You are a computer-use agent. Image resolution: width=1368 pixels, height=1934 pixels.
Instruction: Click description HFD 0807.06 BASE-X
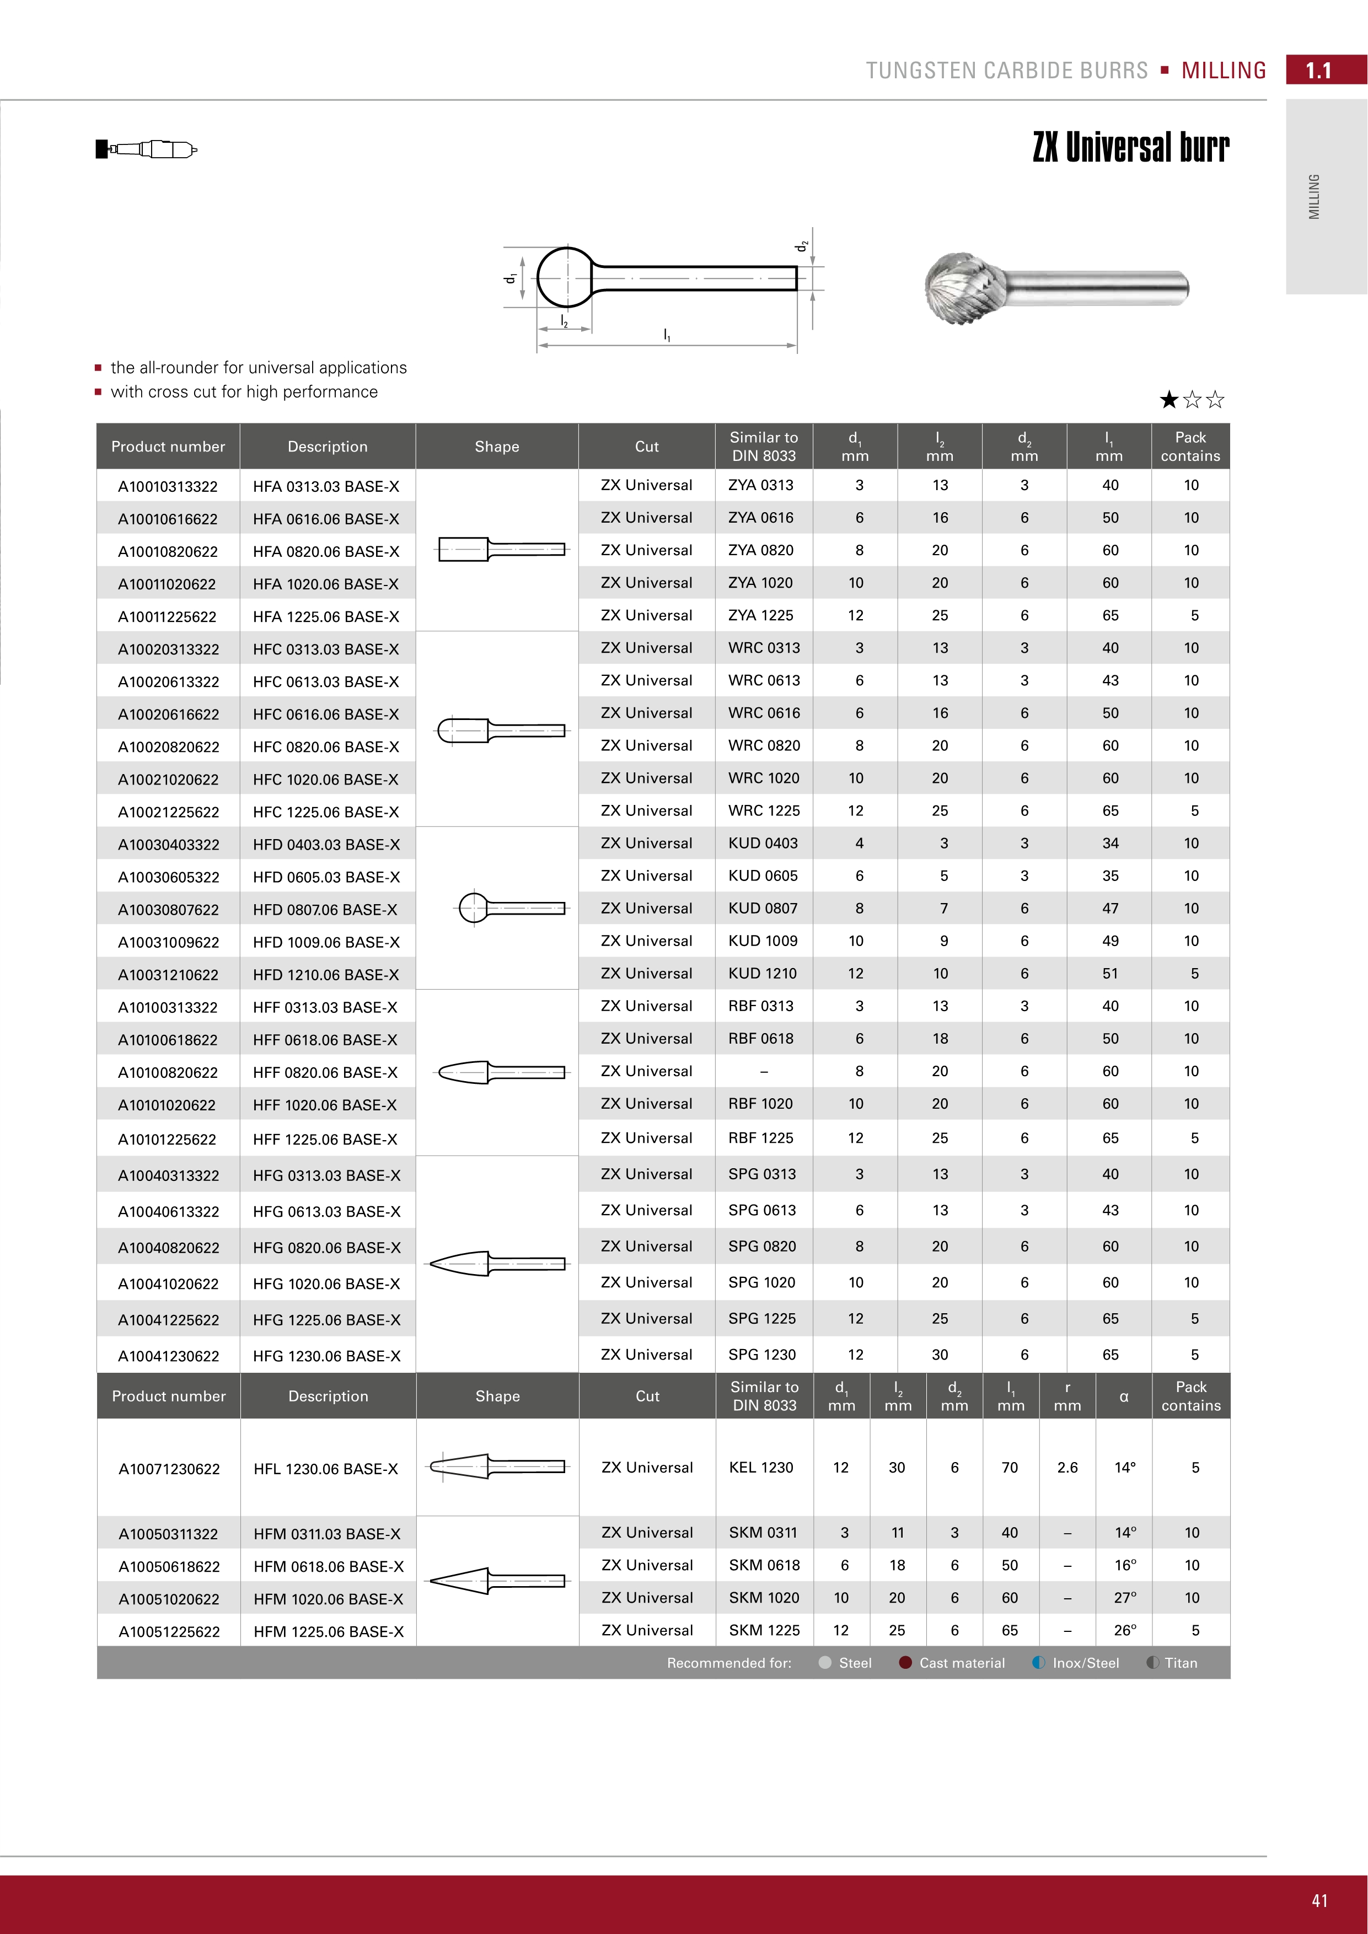click(x=325, y=910)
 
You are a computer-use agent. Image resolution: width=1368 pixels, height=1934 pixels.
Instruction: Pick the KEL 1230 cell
click(x=761, y=1468)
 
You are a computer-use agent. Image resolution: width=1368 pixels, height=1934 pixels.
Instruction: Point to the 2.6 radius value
click(x=1067, y=1468)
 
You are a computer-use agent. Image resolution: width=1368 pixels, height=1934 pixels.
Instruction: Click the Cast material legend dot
click(x=905, y=1663)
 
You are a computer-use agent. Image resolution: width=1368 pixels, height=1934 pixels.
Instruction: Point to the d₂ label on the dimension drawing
click(x=803, y=246)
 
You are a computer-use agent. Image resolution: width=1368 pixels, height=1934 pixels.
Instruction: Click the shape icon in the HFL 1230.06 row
click(x=497, y=1466)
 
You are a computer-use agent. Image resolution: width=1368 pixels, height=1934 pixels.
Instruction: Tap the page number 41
click(x=1319, y=1900)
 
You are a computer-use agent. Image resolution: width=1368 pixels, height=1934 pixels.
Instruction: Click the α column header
click(x=1124, y=1396)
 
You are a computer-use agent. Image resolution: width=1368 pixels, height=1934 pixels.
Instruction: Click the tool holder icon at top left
click(x=146, y=149)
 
